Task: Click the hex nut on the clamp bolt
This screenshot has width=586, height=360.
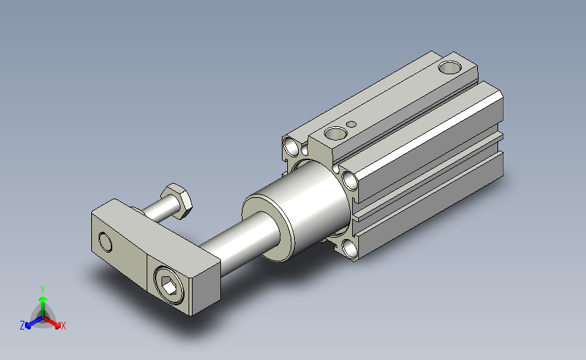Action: pyautogui.click(x=177, y=201)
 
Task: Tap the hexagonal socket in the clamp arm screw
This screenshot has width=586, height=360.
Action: pyautogui.click(x=170, y=288)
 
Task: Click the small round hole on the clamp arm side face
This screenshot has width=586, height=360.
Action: pyautogui.click(x=105, y=242)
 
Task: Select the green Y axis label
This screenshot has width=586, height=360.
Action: pyautogui.click(x=43, y=290)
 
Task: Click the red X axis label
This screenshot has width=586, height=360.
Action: pyautogui.click(x=63, y=326)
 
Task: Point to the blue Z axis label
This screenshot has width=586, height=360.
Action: pyautogui.click(x=22, y=326)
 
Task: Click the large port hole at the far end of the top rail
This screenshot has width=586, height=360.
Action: pyautogui.click(x=449, y=68)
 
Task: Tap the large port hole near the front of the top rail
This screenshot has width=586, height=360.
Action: pyautogui.click(x=336, y=132)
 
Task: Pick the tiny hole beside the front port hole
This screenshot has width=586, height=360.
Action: pyautogui.click(x=351, y=124)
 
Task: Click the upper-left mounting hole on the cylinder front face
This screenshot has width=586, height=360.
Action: pyautogui.click(x=291, y=147)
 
